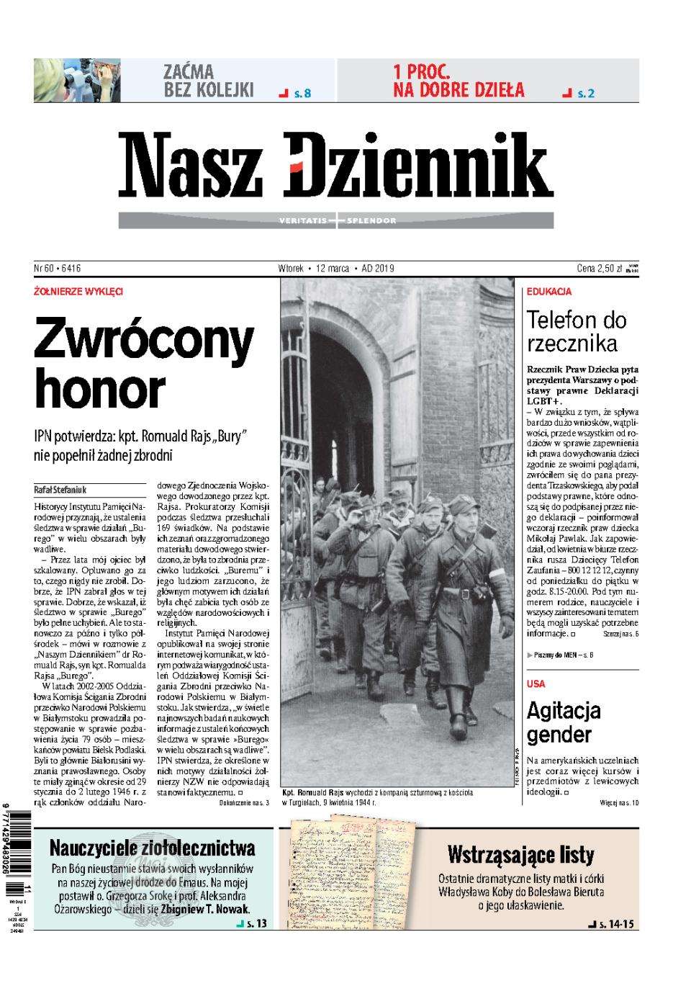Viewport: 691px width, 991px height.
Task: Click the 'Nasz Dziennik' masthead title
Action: coord(335,165)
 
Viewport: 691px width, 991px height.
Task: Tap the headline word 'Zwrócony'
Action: coord(144,340)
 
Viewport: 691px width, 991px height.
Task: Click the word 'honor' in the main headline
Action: coord(100,390)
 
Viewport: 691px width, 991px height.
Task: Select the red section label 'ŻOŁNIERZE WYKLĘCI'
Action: coord(78,292)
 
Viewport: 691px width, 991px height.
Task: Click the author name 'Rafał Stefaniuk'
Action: coord(60,490)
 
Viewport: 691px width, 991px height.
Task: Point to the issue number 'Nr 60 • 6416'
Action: coord(58,269)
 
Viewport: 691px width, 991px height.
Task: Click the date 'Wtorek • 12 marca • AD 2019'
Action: coord(336,269)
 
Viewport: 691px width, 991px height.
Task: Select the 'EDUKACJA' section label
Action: coord(549,292)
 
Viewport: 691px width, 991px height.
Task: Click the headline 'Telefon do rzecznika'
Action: coord(576,331)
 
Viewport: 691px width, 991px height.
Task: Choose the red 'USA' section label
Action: coord(536,683)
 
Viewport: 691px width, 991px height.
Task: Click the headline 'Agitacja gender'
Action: coord(564,722)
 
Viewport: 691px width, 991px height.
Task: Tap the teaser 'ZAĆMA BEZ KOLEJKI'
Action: coord(208,81)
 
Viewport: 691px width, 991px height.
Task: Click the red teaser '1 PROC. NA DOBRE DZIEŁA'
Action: coord(459,81)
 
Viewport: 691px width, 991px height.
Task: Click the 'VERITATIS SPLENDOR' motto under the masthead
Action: coord(337,220)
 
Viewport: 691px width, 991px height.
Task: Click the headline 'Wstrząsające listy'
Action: coord(520,855)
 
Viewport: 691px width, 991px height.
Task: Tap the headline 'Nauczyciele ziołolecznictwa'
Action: coord(153,848)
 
